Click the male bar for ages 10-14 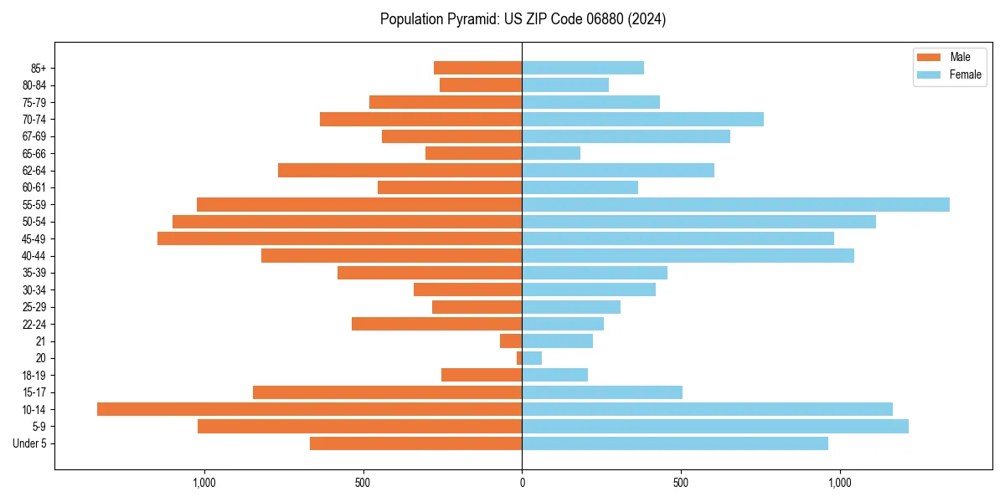click(x=309, y=409)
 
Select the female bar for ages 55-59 click(x=735, y=204)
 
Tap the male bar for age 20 click(x=519, y=358)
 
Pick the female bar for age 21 click(x=557, y=341)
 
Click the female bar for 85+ click(x=583, y=68)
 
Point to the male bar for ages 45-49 click(x=339, y=238)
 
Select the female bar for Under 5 click(x=675, y=443)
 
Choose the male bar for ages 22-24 click(x=436, y=324)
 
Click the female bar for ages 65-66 click(x=551, y=153)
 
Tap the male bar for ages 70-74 click(x=420, y=119)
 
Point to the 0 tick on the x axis click(x=522, y=483)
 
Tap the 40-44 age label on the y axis click(x=33, y=256)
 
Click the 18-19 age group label click(x=33, y=375)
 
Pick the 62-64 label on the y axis click(x=33, y=171)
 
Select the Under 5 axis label click(x=29, y=443)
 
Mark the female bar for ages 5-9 click(x=715, y=427)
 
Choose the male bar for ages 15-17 click(x=387, y=392)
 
